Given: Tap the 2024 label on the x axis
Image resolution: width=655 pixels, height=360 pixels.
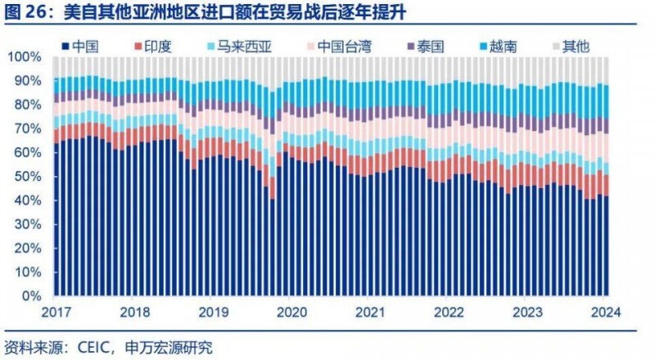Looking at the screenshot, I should [608, 312].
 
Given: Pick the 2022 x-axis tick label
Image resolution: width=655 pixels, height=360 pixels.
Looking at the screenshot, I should [449, 312].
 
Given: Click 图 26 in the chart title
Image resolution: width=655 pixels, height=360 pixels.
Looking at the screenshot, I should [28, 12].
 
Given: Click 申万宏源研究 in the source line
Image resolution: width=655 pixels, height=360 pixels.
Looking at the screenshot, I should [172, 347].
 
